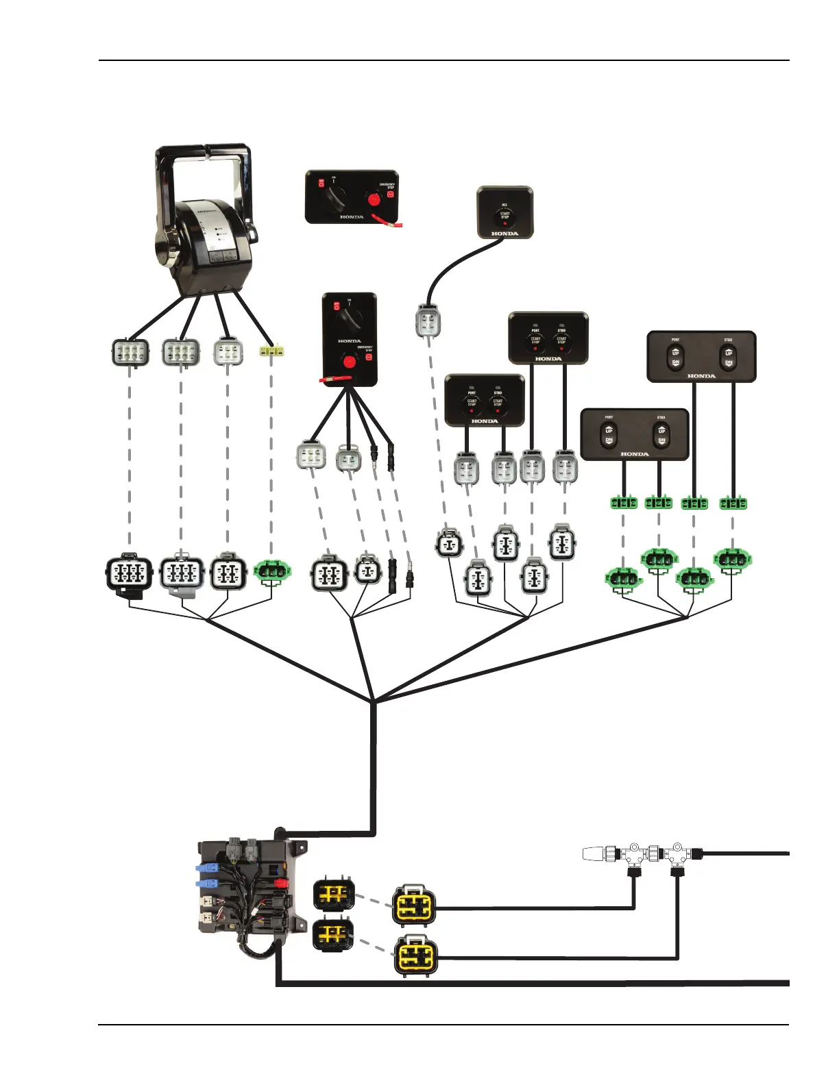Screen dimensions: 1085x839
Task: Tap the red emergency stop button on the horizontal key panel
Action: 374,199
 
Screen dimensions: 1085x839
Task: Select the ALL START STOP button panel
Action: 504,212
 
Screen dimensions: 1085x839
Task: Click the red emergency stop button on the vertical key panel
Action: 349,361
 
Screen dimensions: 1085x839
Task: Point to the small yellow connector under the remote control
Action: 271,351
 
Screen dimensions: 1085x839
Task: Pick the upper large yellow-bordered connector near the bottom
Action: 413,905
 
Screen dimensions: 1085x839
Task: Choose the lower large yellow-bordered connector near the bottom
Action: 415,955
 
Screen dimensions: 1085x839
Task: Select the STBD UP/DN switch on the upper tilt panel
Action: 728,357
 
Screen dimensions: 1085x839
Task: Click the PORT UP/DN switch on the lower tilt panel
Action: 609,435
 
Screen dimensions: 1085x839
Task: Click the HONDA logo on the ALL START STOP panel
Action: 504,234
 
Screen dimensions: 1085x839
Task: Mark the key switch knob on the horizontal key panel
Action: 337,199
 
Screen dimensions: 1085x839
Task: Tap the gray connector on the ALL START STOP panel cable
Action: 428,322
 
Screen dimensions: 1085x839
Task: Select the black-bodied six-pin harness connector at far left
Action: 129,574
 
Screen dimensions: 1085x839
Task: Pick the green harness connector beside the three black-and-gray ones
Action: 272,570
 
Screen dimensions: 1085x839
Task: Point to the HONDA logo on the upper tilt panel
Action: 701,376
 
